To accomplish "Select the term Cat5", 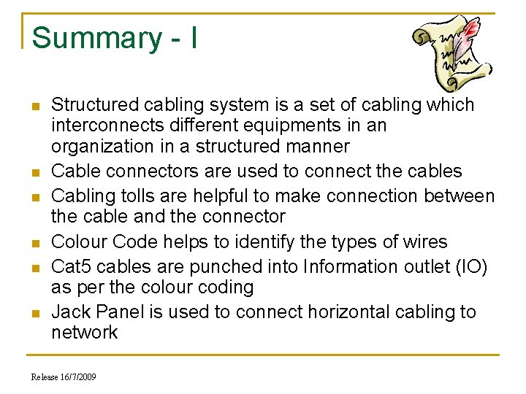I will [x=72, y=266].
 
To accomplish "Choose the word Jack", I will [x=71, y=312].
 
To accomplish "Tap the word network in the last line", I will [x=84, y=332].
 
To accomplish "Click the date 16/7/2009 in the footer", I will [x=79, y=377].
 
